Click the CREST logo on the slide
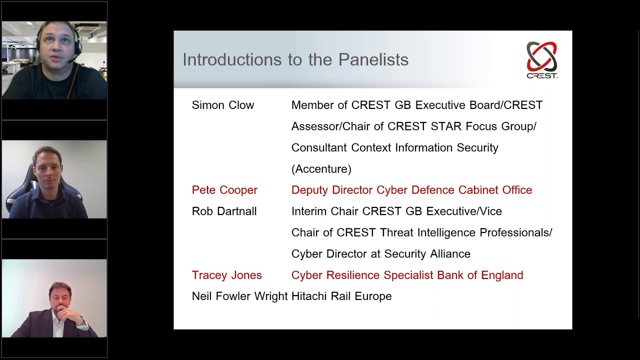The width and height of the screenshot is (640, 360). click(x=542, y=59)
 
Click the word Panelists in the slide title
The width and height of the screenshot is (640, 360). click(x=373, y=60)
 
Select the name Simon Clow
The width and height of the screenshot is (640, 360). click(x=223, y=105)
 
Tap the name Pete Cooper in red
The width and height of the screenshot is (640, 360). click(x=224, y=190)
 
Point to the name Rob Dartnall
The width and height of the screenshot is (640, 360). click(x=224, y=211)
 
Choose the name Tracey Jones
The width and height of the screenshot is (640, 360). click(x=226, y=275)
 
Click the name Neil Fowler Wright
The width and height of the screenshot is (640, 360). click(x=239, y=296)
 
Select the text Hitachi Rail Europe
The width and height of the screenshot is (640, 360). click(x=341, y=296)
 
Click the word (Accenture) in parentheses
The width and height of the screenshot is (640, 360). click(x=321, y=169)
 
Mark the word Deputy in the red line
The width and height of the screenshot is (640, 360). click(x=310, y=190)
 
